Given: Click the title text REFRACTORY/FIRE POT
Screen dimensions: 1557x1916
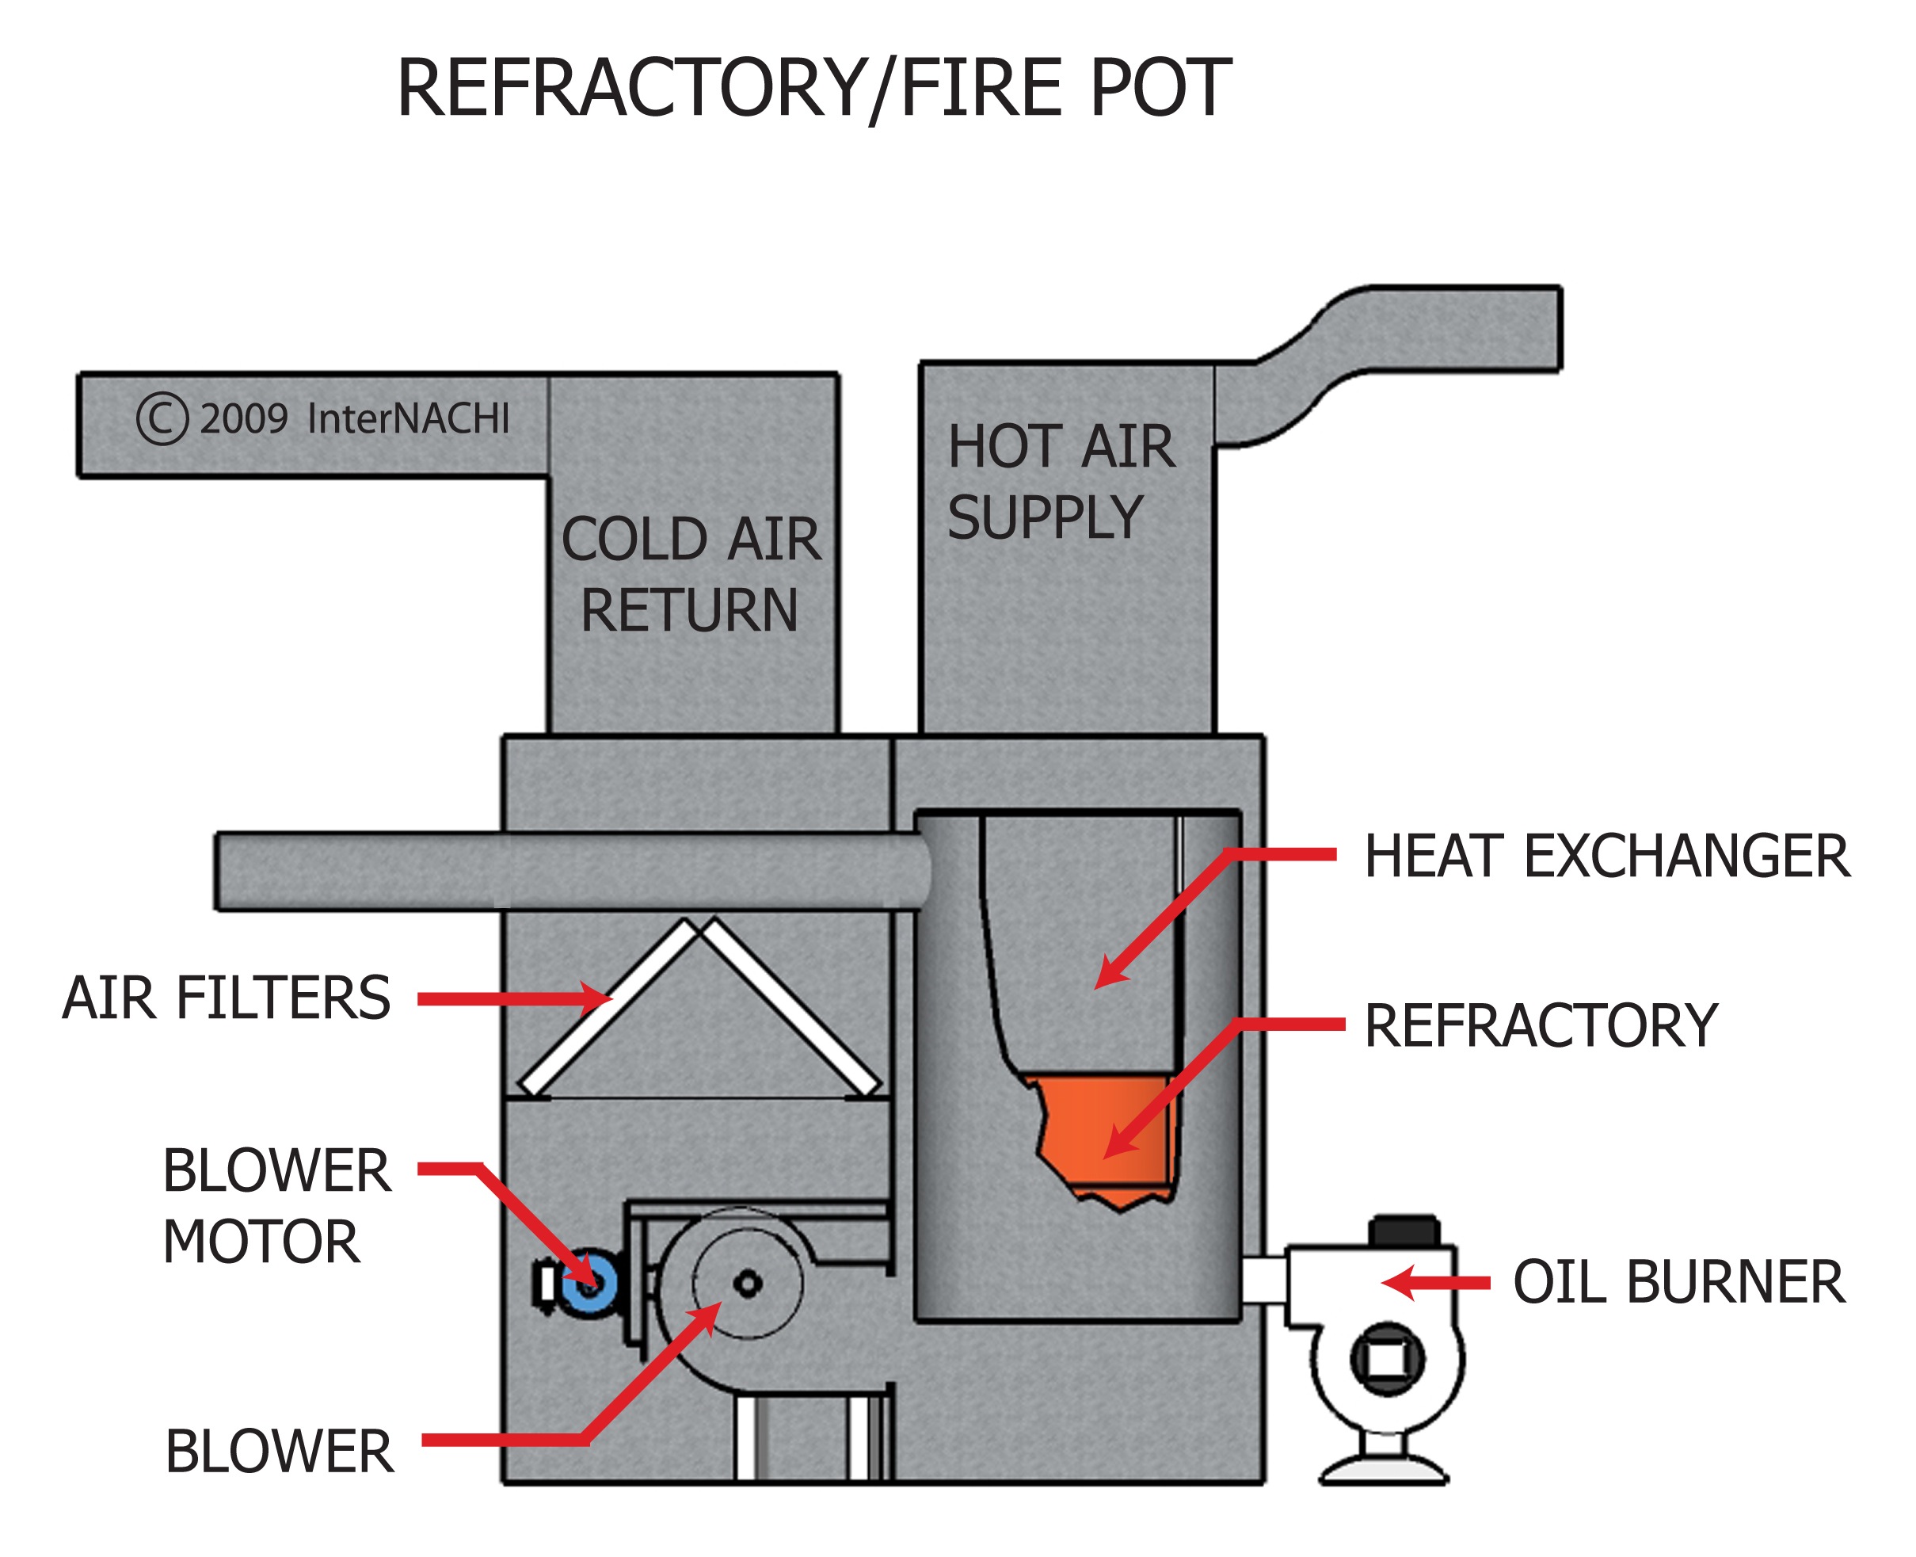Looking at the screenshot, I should tap(813, 88).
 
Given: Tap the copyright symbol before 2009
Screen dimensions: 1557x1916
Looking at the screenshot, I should tap(162, 419).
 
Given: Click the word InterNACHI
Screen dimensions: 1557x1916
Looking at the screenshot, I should tap(408, 419).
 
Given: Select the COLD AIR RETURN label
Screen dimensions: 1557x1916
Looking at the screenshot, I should tap(691, 574).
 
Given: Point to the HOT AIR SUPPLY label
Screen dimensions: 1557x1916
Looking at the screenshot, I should tap(1060, 482).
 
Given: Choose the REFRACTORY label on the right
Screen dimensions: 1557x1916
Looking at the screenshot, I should tap(1541, 1026).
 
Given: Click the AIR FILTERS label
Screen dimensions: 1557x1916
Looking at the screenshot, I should tap(226, 998).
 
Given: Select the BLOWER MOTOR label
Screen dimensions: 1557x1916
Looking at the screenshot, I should tap(276, 1206).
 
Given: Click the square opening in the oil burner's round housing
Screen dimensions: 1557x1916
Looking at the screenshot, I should tap(1386, 1360).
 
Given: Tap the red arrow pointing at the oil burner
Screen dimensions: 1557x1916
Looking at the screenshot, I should tap(1434, 1283).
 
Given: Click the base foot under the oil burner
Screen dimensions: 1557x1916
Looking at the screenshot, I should tap(1384, 1471).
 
